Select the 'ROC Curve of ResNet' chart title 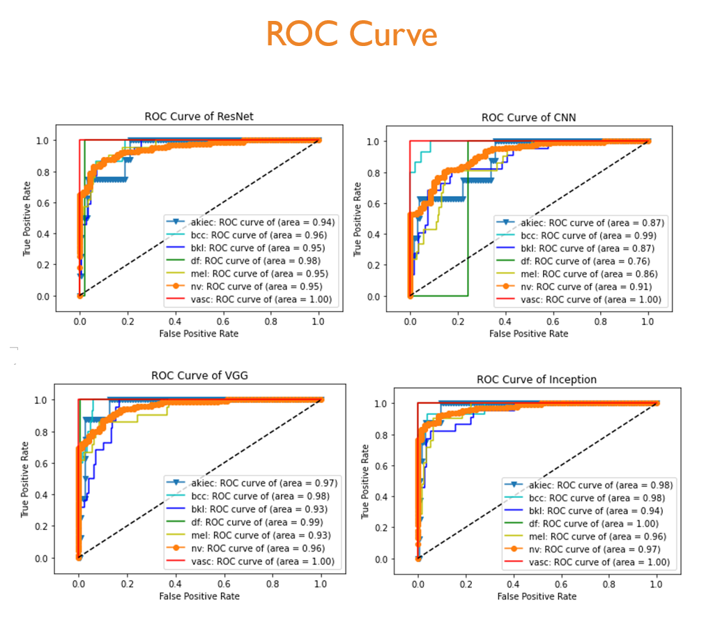pos(199,116)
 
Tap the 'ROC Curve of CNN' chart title pos(529,117)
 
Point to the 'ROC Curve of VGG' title pos(199,375)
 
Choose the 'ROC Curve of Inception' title pos(537,379)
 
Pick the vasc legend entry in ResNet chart pos(248,299)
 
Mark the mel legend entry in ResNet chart pos(248,273)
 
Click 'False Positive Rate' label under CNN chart pos(528,333)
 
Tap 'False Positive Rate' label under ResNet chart pos(199,333)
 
